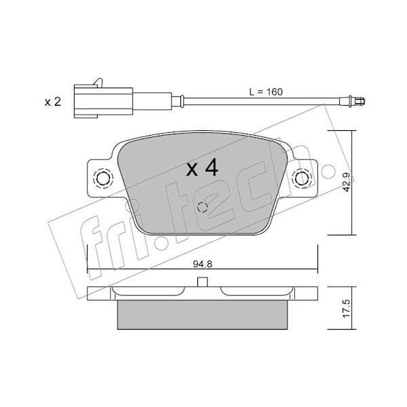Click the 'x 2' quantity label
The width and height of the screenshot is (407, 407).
point(53,102)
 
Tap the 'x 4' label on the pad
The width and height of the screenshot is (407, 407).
point(202,168)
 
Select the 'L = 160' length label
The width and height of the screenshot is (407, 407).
point(266,92)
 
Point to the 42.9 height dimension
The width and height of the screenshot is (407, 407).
point(348,182)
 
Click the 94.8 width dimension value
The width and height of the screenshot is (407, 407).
point(202,264)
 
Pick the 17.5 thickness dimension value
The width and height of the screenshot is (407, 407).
point(347,308)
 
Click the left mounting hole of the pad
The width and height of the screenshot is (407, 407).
point(103,178)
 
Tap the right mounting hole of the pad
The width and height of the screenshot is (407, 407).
point(301,178)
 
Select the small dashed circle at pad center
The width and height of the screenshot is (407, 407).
point(202,207)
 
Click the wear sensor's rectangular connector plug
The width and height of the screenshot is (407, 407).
point(103,101)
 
